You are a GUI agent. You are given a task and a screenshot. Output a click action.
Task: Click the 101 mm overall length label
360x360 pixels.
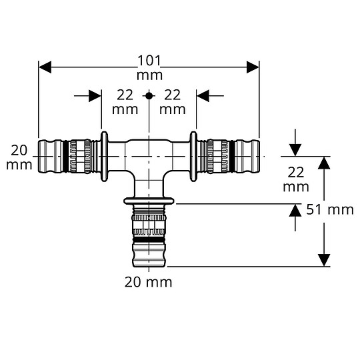click(149, 67)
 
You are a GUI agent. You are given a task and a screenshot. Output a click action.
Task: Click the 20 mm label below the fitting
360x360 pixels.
click(148, 282)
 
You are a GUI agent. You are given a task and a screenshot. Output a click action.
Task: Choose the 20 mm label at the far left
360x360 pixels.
click(20, 156)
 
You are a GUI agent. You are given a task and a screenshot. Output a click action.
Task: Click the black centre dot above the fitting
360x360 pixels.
click(149, 96)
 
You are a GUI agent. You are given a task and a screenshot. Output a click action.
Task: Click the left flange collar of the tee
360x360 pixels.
click(104, 155)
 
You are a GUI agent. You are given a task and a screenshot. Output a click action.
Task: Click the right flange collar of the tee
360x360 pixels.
click(194, 155)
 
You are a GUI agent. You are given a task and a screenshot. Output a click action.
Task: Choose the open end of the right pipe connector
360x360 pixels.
click(257, 155)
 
